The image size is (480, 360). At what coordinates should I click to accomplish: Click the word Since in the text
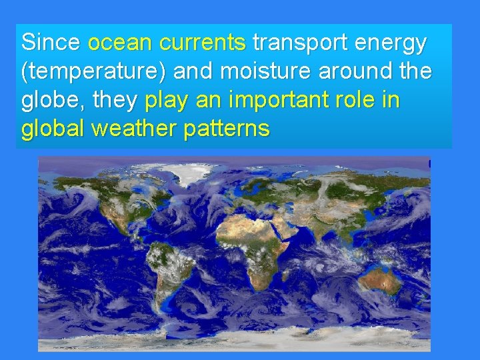(51, 43)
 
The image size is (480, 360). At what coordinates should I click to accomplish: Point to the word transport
(297, 43)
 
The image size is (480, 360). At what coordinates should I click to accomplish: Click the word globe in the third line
(51, 101)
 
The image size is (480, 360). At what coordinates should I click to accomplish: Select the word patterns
(228, 129)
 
